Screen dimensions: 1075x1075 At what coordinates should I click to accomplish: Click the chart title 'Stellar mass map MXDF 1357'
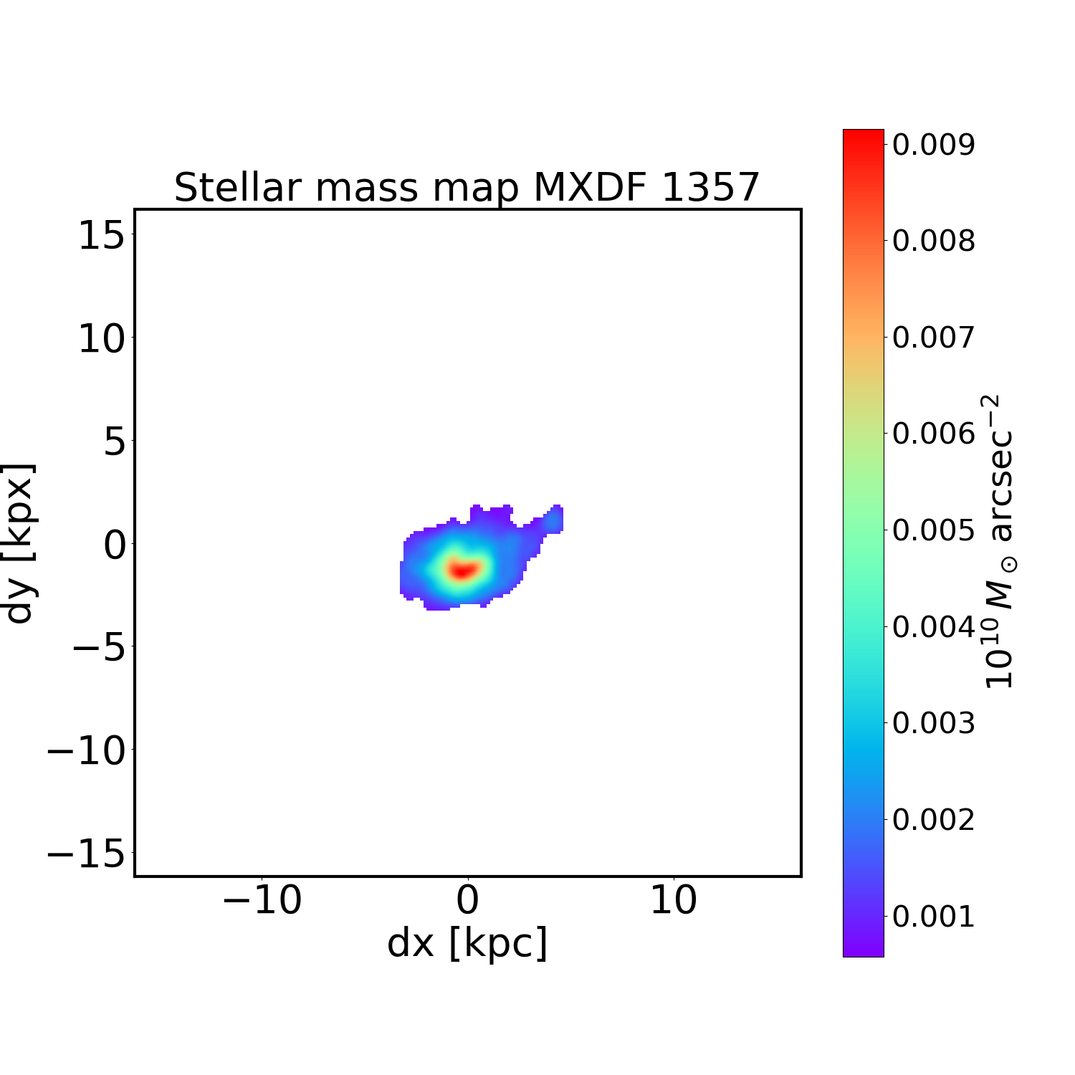pyautogui.click(x=467, y=188)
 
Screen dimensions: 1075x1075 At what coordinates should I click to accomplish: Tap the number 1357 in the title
pyautogui.click(x=709, y=188)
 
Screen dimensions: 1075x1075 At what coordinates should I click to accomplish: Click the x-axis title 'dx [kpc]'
pyautogui.click(x=467, y=942)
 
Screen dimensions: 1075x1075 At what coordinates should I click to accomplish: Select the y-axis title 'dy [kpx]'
pyautogui.click(x=19, y=543)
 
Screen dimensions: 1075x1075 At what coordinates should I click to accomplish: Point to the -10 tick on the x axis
pyautogui.click(x=262, y=901)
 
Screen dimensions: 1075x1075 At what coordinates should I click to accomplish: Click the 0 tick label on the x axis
pyautogui.click(x=467, y=901)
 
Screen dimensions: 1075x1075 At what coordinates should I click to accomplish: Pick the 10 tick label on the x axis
pyautogui.click(x=673, y=901)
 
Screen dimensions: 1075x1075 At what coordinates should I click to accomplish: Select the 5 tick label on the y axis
pyautogui.click(x=115, y=441)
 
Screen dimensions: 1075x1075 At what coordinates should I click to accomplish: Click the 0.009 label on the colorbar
pyautogui.click(x=933, y=145)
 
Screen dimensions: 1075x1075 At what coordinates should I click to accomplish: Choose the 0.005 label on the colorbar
pyautogui.click(x=933, y=530)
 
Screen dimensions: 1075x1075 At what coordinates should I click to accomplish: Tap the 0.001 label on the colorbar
pyautogui.click(x=933, y=916)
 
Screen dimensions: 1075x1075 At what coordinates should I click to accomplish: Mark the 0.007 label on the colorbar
pyautogui.click(x=933, y=338)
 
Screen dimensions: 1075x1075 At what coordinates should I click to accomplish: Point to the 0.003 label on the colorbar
pyautogui.click(x=933, y=723)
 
